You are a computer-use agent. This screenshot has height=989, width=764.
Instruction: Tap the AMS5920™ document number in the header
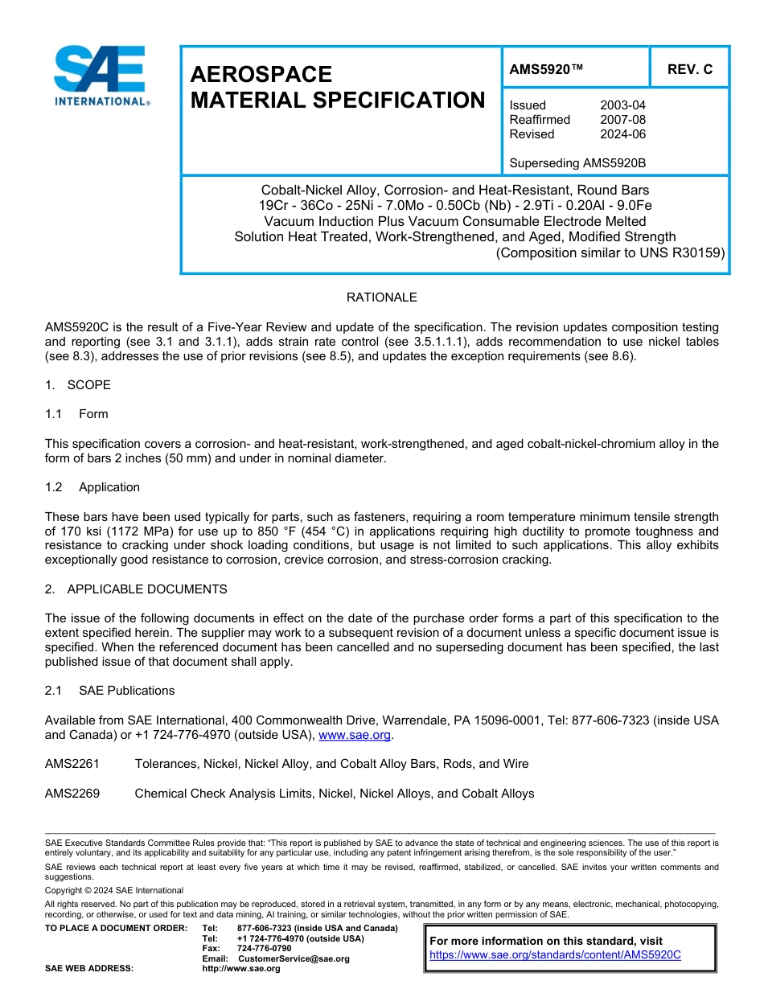click(x=546, y=70)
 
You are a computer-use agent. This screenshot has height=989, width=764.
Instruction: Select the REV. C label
click(x=690, y=70)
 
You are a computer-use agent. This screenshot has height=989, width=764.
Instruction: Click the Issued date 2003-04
click(x=622, y=105)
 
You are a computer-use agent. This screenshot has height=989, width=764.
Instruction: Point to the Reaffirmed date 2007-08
click(x=622, y=120)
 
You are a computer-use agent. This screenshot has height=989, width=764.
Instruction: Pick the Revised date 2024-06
click(x=622, y=134)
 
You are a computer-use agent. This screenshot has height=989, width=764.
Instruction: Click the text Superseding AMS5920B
click(x=577, y=163)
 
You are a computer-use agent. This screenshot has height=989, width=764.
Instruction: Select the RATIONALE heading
click(x=381, y=298)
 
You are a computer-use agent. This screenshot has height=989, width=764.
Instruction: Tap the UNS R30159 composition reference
click(x=684, y=252)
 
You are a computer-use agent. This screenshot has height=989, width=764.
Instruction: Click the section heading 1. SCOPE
click(x=78, y=385)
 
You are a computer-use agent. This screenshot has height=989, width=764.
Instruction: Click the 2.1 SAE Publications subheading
click(x=109, y=691)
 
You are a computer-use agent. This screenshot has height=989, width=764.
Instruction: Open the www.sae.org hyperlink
click(x=355, y=735)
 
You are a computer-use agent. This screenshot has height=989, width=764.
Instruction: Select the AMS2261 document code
click(x=72, y=764)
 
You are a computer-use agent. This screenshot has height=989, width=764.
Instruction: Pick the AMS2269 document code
click(x=72, y=794)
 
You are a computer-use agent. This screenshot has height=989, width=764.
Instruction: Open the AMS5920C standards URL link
click(x=555, y=955)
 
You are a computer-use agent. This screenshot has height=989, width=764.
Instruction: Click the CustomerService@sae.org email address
click(x=294, y=958)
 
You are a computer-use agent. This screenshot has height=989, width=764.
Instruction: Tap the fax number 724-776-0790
click(x=265, y=949)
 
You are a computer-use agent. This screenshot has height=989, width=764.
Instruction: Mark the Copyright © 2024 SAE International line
click(x=114, y=890)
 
